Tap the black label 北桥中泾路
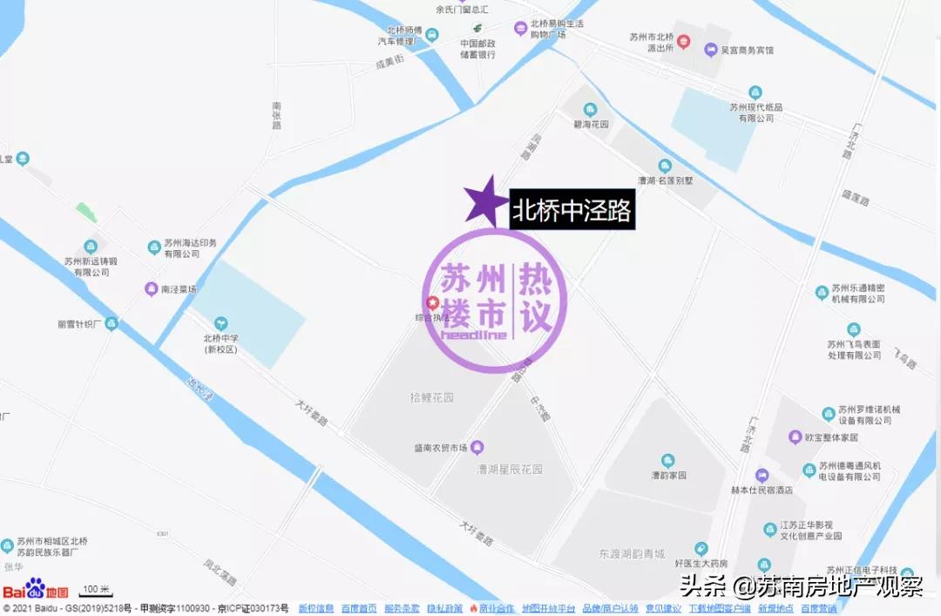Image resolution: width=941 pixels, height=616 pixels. click(572, 210)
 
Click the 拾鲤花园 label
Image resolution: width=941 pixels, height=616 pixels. click(432, 397)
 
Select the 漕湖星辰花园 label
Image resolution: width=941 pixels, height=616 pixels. click(510, 469)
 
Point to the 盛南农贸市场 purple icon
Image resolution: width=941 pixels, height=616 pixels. click(477, 448)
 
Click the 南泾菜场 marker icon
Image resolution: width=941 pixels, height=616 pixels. click(152, 288)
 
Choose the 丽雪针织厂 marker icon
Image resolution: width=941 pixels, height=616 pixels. click(112, 323)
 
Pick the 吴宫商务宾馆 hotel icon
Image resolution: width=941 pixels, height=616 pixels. click(711, 50)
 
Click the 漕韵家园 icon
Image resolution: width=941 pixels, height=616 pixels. click(668, 461)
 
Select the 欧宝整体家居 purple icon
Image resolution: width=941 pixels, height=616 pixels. click(795, 437)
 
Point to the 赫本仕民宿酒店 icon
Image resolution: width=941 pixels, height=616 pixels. click(762, 475)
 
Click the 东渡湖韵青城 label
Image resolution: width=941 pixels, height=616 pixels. click(633, 553)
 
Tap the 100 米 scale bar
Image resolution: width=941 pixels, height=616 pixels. click(96, 590)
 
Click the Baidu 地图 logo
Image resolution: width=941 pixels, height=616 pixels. click(35, 589)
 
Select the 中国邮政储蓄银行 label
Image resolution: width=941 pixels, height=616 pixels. click(478, 48)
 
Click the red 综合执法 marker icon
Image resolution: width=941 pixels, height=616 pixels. click(431, 303)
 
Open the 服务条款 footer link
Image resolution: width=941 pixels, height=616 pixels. click(402, 608)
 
